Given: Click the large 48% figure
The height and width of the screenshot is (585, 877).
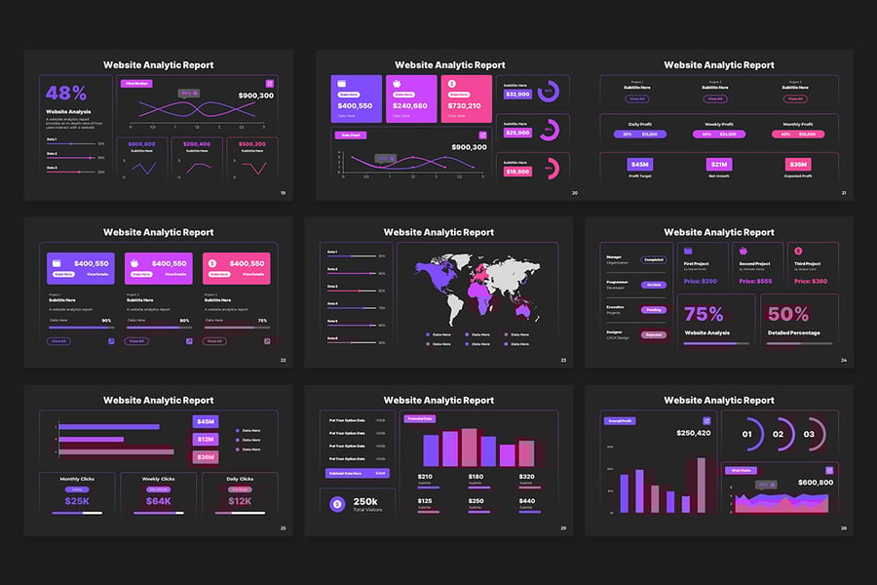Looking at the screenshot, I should tap(66, 94).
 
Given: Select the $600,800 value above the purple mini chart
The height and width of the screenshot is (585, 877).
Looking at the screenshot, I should tap(142, 144).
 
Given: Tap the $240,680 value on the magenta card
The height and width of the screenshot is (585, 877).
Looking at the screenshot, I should tap(410, 105).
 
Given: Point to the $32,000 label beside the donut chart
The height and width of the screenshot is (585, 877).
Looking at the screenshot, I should tap(517, 95).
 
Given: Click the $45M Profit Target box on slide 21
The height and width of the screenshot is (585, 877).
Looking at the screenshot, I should tap(639, 165).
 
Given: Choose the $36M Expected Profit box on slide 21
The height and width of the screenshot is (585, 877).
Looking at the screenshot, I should tap(799, 165).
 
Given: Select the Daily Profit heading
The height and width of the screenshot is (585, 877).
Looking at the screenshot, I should tap(639, 124).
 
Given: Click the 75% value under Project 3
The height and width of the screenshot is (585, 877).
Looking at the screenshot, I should tap(262, 320).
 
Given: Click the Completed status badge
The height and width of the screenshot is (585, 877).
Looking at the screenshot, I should tap(653, 260).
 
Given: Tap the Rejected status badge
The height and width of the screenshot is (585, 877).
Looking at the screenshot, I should tap(653, 334).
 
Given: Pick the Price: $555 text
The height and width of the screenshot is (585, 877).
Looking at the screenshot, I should tap(755, 281).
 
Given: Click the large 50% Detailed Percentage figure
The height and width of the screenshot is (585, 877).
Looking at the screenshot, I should tap(788, 314).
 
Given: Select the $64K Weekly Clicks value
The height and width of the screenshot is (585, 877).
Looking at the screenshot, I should tap(158, 501).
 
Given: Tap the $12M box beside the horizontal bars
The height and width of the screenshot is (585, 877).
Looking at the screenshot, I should tap(206, 439).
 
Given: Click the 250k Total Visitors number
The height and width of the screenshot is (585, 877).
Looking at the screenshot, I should tap(365, 501).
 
